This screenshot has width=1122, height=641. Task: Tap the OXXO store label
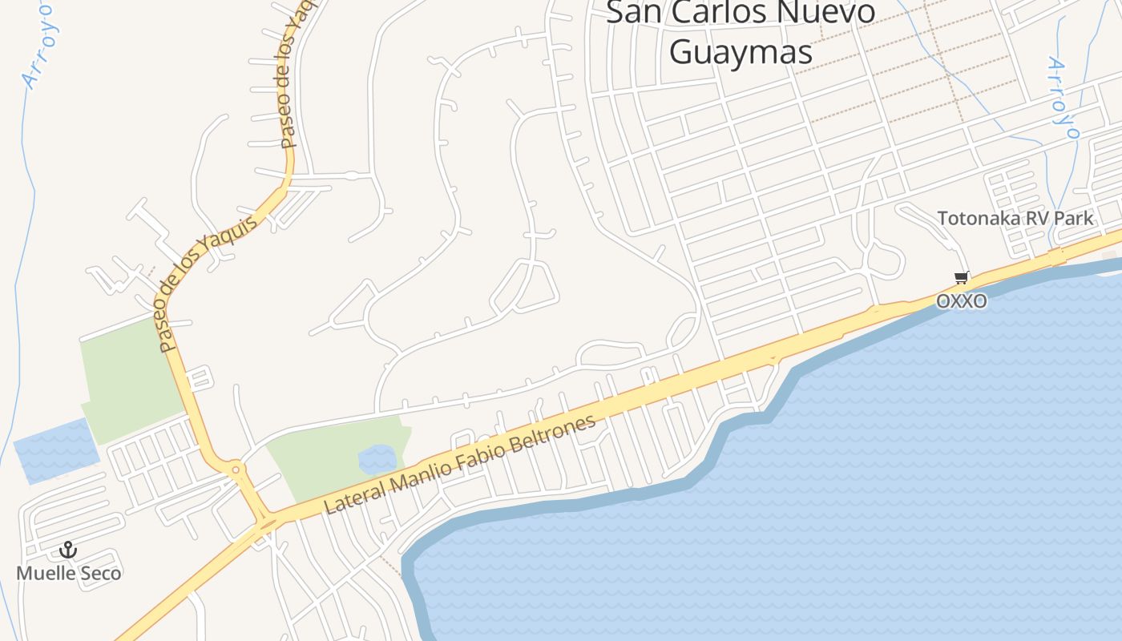[x=961, y=301]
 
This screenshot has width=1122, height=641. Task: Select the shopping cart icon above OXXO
[x=961, y=278]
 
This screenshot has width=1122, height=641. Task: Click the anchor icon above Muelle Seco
[x=68, y=550]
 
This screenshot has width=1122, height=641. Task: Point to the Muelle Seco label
[x=69, y=573]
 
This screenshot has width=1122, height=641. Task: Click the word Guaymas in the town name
[x=741, y=53]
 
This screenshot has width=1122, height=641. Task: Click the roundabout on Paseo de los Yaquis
[x=235, y=469]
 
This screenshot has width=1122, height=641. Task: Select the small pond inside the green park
[x=377, y=459]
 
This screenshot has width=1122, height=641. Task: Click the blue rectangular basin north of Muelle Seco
[x=54, y=450]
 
